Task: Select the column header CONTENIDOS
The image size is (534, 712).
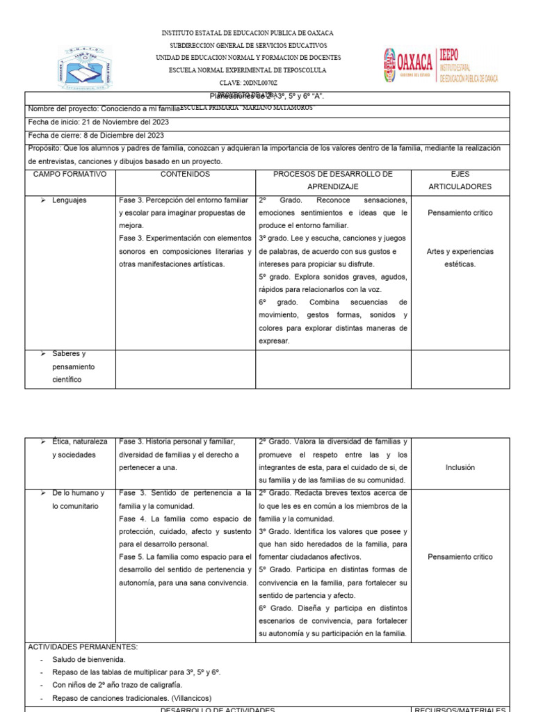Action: pyautogui.click(x=185, y=174)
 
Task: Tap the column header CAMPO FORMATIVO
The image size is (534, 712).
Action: pyautogui.click(x=70, y=174)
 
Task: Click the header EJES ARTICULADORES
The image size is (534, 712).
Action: pyautogui.click(x=460, y=180)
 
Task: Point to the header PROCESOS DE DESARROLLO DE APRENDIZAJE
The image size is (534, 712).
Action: pyautogui.click(x=332, y=180)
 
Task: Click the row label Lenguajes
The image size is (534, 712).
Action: pyautogui.click(x=69, y=200)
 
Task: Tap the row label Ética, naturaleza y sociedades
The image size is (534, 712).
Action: pyautogui.click(x=79, y=448)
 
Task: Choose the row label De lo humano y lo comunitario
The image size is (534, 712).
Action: pyautogui.click(x=78, y=499)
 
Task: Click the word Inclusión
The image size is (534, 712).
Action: pyautogui.click(x=460, y=467)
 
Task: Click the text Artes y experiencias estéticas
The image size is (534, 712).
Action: pyautogui.click(x=460, y=257)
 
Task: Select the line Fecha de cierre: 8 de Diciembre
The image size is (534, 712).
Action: pyautogui.click(x=96, y=135)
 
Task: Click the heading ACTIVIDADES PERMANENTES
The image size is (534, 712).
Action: pyautogui.click(x=83, y=647)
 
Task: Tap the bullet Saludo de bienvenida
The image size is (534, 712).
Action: pyautogui.click(x=88, y=659)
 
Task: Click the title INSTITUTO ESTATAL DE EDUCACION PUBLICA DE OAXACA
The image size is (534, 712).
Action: pyautogui.click(x=248, y=33)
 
